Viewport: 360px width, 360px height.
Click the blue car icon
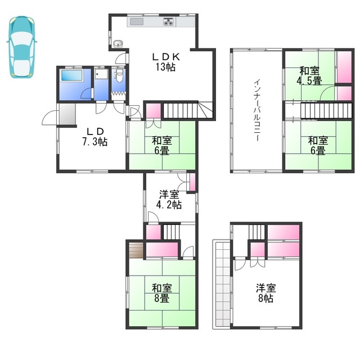21,47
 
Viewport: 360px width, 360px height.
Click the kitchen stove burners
169,22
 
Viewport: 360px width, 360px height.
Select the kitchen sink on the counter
137,22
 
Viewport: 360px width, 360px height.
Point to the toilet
119,75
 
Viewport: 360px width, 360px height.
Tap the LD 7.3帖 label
94,136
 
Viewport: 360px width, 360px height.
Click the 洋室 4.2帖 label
169,200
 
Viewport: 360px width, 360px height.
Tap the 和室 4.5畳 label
310,75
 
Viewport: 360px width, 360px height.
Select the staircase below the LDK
182,110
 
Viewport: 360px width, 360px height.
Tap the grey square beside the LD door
66,114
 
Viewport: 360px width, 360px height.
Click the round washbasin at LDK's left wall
118,44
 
